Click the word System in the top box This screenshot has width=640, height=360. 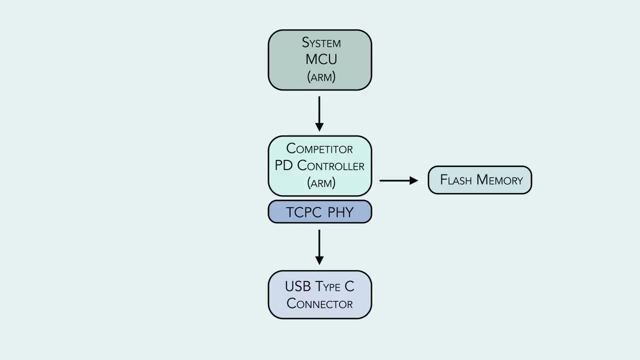(321, 42)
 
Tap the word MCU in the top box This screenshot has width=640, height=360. (321, 59)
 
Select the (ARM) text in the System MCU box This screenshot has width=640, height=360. (321, 77)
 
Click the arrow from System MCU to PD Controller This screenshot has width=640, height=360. (319, 113)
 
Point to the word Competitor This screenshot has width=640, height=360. (319, 149)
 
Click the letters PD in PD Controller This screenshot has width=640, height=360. (283, 166)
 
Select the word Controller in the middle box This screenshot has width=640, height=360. (330, 166)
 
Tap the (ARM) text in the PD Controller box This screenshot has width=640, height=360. (321, 183)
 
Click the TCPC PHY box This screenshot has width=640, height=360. (319, 211)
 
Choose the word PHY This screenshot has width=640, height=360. (340, 212)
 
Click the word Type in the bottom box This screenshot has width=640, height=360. (327, 287)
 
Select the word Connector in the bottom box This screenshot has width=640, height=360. (319, 303)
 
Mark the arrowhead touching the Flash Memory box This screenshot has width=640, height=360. (414, 180)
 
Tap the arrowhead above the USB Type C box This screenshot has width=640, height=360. (319, 260)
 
